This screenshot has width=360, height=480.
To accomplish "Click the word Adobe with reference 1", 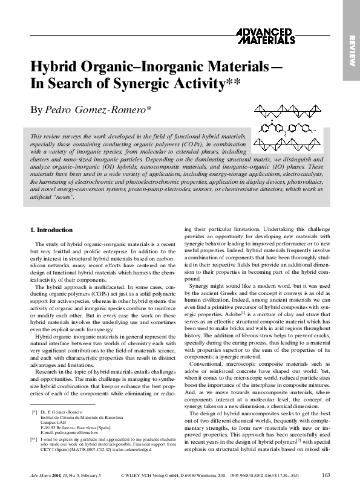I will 232,314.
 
